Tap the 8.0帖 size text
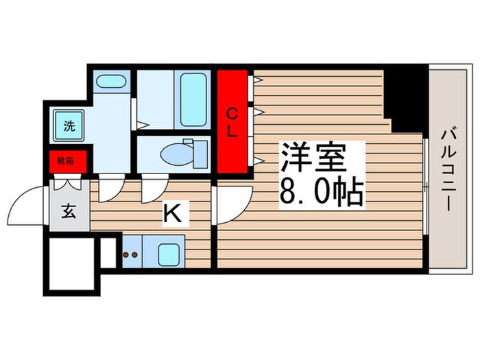pos(320,194)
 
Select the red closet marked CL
pos(232,122)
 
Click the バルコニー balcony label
pos(450,169)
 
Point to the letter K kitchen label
pos(172,215)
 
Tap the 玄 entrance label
pos(69,211)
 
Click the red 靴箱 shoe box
pos(67,161)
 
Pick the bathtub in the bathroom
pos(193,99)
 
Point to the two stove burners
pos(131,254)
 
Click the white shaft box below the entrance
pos(69,263)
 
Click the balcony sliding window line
pos(427,185)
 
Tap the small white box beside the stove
pos(108,252)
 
